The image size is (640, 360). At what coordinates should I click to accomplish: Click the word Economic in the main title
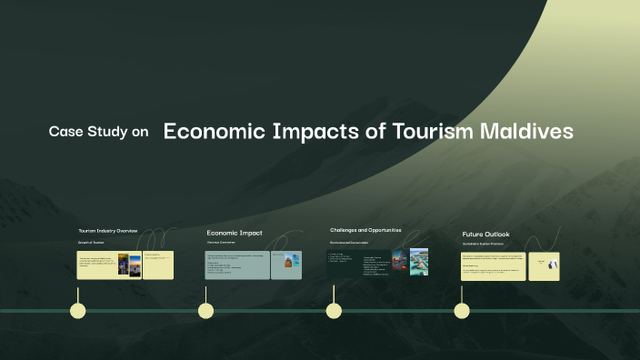pyautogui.click(x=214, y=131)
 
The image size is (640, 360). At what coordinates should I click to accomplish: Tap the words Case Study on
pyautogui.click(x=98, y=132)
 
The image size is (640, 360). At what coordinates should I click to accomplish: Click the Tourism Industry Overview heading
pyautogui.click(x=108, y=231)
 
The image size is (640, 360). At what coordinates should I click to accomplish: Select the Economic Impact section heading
pyautogui.click(x=235, y=233)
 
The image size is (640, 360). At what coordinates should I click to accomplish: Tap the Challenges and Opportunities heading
pyautogui.click(x=365, y=230)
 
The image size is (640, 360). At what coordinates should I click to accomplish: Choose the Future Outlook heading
pyautogui.click(x=486, y=235)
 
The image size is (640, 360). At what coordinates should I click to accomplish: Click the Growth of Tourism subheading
pyautogui.click(x=92, y=243)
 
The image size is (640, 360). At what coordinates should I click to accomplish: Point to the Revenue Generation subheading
pyautogui.click(x=221, y=243)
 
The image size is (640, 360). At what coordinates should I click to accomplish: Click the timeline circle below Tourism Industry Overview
pyautogui.click(x=78, y=311)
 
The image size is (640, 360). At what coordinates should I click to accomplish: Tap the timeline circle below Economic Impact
pyautogui.click(x=206, y=311)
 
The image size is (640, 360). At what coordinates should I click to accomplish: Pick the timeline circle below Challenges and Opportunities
pyautogui.click(x=334, y=311)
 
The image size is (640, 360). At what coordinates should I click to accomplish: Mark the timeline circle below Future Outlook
pyautogui.click(x=462, y=311)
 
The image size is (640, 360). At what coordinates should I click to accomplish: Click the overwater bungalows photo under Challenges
pyautogui.click(x=419, y=262)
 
